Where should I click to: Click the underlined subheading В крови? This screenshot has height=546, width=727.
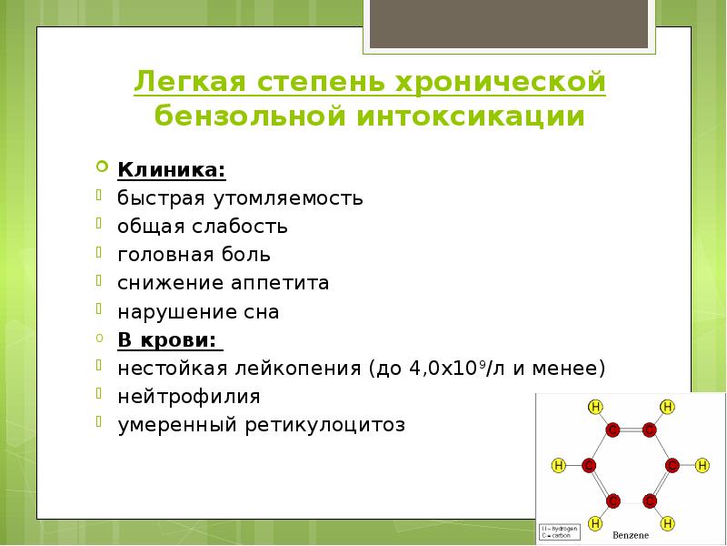click(168, 339)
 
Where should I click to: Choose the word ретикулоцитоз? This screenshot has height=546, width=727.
click(325, 425)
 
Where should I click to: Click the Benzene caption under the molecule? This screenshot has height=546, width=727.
click(630, 533)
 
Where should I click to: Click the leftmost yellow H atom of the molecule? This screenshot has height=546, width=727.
click(559, 465)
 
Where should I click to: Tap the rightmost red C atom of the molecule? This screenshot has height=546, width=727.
click(672, 465)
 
